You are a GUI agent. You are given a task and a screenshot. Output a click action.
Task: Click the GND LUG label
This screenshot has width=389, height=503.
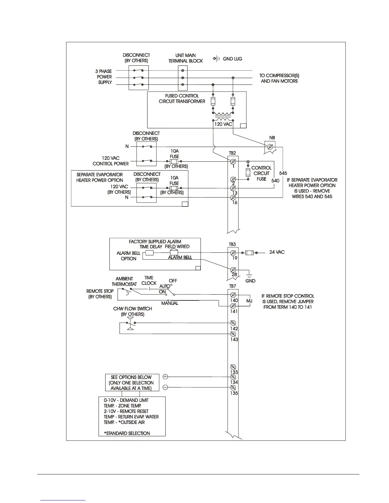tap(232, 59)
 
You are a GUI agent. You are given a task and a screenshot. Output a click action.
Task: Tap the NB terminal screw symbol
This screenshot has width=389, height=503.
tap(270, 146)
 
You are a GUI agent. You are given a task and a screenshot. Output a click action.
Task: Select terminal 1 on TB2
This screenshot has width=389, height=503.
tap(233, 161)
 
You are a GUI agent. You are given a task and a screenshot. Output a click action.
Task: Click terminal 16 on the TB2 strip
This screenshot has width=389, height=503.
tap(233, 198)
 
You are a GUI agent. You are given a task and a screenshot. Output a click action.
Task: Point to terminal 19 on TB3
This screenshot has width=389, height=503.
tap(233, 252)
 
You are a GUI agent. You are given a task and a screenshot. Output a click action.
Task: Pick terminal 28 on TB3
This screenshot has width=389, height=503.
tap(233, 270)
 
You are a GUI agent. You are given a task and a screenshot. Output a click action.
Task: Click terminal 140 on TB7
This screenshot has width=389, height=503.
tap(233, 295)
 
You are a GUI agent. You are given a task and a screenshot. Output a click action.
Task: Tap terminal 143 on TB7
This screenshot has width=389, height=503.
tap(233, 334)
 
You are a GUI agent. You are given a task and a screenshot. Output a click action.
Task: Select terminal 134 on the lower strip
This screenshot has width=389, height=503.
tap(233, 377)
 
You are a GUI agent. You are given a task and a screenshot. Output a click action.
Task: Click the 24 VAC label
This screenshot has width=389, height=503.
tap(277, 252)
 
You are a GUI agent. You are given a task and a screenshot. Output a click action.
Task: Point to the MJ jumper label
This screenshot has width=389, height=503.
tap(249, 301)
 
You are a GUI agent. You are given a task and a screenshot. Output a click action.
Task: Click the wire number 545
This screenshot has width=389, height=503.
tap(283, 173)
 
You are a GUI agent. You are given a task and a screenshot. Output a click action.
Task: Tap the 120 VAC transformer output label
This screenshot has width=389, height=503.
tap(223, 124)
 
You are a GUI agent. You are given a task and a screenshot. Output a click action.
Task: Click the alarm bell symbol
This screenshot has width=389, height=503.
tap(174, 252)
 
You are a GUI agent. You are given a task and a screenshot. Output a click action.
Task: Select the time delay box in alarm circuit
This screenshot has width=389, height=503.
tap(149, 253)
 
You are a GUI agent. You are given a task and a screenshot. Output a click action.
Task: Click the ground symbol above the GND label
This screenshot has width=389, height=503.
tap(249, 275)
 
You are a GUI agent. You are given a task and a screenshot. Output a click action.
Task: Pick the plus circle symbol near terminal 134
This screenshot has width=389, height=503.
tap(165, 377)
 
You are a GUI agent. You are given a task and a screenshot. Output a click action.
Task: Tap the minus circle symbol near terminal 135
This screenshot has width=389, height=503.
tap(165, 387)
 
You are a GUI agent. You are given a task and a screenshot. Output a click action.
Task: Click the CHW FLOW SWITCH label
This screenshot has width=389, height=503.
tap(133, 309)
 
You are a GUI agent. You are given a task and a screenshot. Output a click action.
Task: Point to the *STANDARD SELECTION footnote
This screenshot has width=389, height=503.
tap(127, 433)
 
